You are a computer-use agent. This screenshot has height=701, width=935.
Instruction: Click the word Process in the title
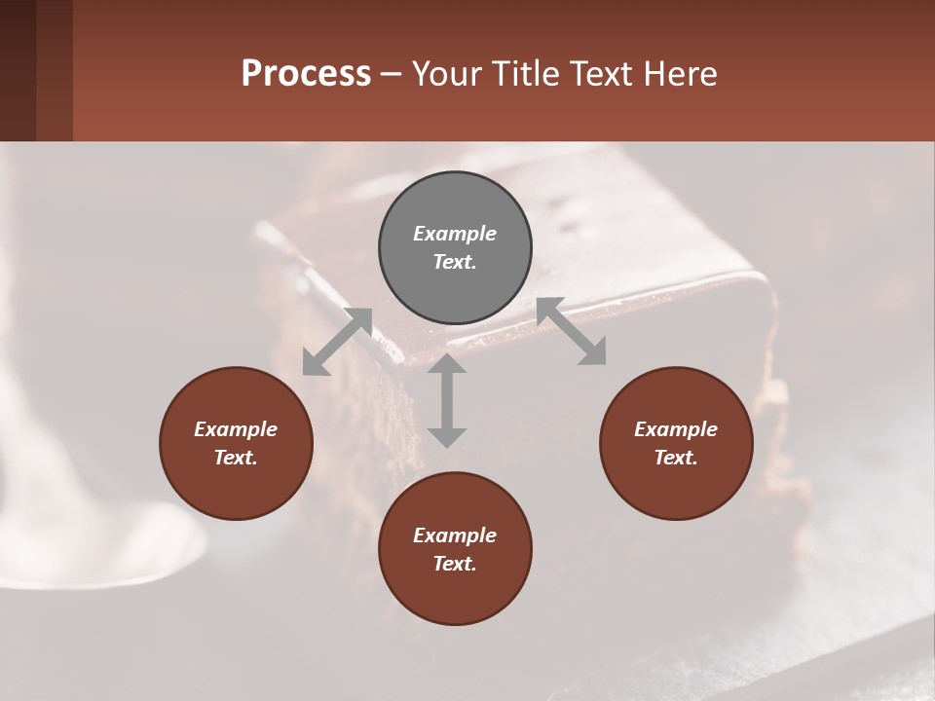pos(306,74)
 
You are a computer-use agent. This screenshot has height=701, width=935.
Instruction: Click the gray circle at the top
pos(455,247)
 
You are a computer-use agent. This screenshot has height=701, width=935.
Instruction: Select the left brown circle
pos(236,443)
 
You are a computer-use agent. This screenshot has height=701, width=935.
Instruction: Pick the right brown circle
pos(676,443)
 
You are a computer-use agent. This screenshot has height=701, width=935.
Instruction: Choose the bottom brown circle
pos(455,549)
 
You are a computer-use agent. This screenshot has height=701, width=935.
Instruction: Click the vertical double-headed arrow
pos(447,400)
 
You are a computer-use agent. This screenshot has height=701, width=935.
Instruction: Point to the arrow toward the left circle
pos(337,342)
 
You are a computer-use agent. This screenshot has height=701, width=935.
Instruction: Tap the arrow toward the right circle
pos(571,332)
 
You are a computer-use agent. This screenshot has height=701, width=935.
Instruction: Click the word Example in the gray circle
pos(455,234)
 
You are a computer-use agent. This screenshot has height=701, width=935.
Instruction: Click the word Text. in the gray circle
pos(455,262)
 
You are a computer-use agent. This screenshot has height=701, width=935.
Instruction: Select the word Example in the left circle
pos(236,429)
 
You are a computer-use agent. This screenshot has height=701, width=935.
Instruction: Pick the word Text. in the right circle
pos(676,458)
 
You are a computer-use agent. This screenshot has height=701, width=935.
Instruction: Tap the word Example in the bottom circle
pos(455,535)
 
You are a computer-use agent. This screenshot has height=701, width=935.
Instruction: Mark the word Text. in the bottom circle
pos(455,564)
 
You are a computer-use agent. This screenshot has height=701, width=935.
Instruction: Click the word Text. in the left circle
pos(236,458)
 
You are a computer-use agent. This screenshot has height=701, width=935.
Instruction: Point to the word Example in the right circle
pos(676,429)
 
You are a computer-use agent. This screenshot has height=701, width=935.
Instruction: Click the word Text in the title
pos(597,74)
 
